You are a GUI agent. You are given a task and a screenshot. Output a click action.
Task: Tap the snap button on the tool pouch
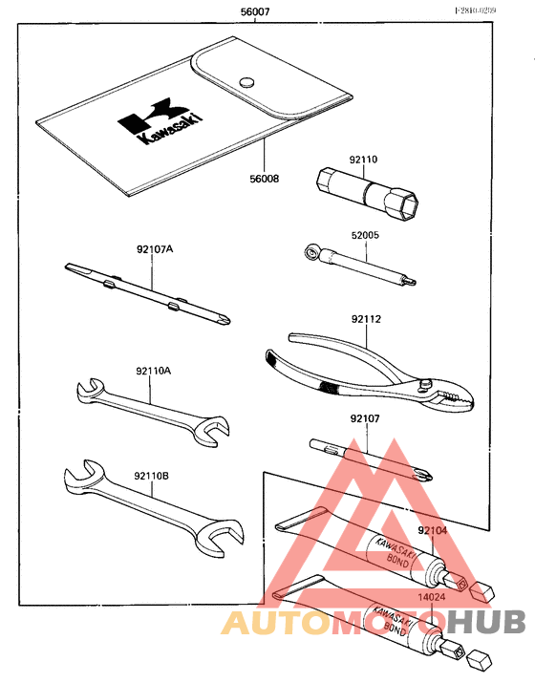tap(247, 81)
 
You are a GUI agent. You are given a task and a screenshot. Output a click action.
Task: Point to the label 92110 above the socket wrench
tap(363, 161)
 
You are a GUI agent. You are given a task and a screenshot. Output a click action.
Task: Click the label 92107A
tap(154, 249)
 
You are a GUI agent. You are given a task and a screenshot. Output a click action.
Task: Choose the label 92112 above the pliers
tap(363, 321)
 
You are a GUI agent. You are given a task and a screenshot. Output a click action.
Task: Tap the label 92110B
tap(152, 475)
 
